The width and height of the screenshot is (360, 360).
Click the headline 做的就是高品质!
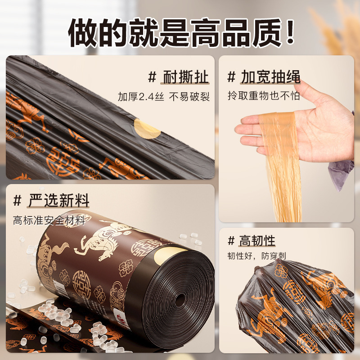180,31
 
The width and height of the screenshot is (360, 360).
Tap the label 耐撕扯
185,77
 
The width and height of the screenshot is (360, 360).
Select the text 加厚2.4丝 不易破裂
164,97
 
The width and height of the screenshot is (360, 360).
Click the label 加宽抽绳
270,77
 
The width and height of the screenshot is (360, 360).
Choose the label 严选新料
58,200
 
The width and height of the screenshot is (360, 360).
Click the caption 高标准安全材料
49,220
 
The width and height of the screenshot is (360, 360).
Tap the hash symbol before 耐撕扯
153,77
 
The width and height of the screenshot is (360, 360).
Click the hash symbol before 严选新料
18,200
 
